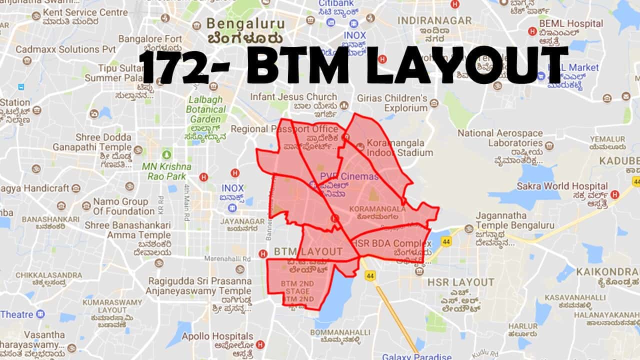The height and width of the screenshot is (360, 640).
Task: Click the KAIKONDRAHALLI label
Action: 607,271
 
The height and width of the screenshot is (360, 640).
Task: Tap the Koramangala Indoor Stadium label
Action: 399,147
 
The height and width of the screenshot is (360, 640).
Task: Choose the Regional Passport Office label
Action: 284,129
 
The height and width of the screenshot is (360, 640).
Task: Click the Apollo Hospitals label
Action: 217,336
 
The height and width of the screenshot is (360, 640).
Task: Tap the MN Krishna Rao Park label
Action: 166,171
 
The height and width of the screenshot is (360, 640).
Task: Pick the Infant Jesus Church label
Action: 293,97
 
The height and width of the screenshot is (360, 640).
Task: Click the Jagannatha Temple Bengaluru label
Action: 514,220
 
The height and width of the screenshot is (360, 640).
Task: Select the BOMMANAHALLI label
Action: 340,332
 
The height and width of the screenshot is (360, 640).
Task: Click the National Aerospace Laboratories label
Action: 500,138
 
